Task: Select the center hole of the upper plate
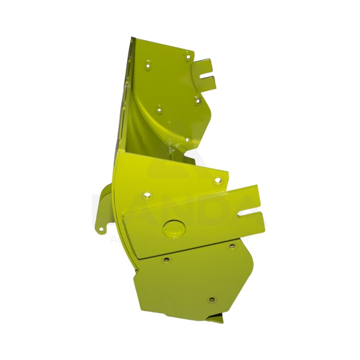[x=159, y=108]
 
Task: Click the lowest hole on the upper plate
[x=187, y=139]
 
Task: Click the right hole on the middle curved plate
[x=218, y=180]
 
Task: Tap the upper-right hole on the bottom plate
[x=232, y=246]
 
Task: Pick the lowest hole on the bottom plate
[x=211, y=299]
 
